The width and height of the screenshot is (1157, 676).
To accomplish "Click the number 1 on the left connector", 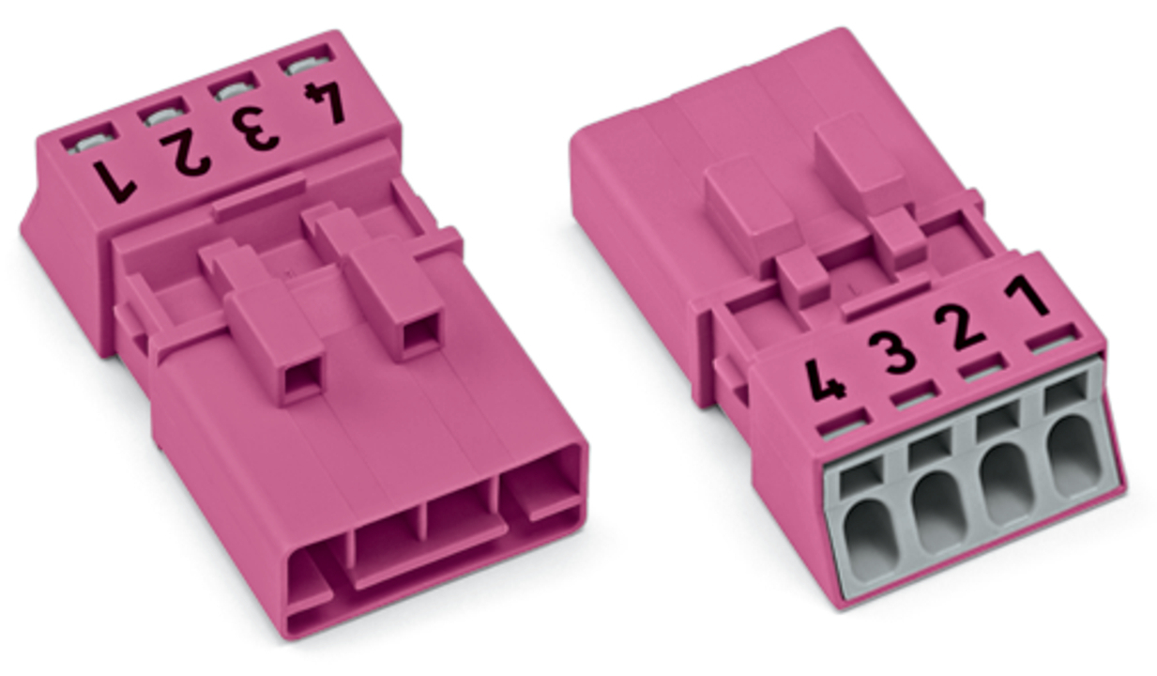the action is [114, 181].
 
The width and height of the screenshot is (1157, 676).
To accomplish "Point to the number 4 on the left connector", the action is [326, 103].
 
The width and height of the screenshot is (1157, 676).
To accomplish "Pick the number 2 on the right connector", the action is [962, 328].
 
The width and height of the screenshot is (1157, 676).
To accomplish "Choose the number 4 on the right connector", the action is [827, 380].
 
